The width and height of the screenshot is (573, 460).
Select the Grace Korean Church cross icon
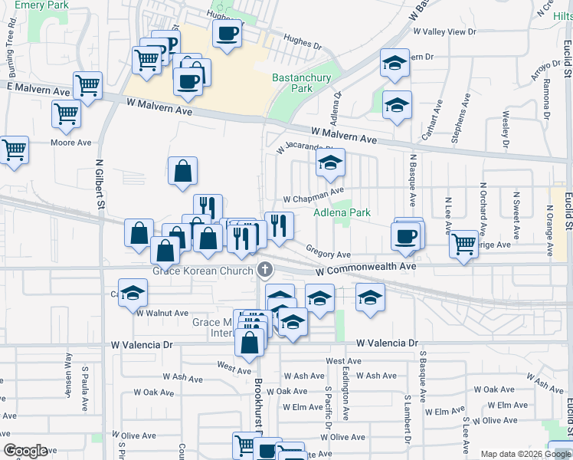click(265, 269)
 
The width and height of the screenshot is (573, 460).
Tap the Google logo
click(25, 451)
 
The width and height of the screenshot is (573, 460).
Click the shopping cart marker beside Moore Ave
click(67, 113)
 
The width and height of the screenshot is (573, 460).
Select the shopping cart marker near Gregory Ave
click(463, 245)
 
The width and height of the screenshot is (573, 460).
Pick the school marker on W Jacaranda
click(330, 163)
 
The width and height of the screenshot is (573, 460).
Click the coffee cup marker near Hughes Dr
click(228, 34)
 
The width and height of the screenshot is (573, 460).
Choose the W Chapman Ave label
click(313, 198)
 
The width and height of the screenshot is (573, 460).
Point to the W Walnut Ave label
click(162, 313)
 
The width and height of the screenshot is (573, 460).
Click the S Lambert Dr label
click(407, 420)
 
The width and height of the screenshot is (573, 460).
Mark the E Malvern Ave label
click(38, 90)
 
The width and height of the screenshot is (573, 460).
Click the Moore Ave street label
click(70, 143)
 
